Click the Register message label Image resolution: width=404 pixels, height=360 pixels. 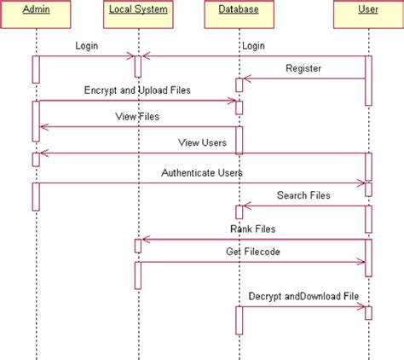point(303,67)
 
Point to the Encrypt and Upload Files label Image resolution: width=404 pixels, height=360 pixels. point(136,89)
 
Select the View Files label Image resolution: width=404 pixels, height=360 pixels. point(136,115)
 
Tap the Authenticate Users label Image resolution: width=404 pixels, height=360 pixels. point(202,172)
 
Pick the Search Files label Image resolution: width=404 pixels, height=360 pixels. point(303,195)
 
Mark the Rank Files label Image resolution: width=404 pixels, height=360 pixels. point(252,229)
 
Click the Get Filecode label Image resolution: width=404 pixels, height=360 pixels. point(252,252)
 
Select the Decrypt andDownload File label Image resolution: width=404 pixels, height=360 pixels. point(303,296)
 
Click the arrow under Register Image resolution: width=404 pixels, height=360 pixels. point(303,79)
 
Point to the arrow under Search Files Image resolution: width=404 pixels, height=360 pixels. point(303,206)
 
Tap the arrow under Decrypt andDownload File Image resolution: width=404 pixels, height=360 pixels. point(303,307)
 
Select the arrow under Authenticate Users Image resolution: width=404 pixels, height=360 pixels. point(202,183)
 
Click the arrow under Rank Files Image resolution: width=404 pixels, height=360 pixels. point(252,240)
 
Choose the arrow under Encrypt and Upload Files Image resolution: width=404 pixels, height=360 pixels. point(136,101)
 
